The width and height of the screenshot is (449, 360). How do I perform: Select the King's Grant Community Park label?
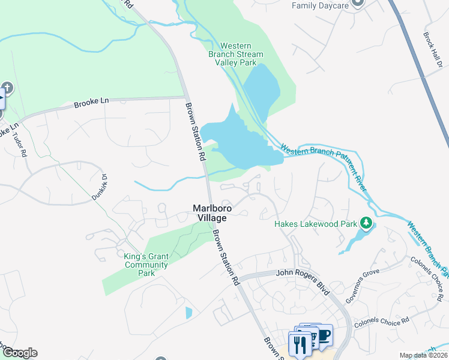[x=146, y=265]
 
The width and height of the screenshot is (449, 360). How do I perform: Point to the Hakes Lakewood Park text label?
[x=316, y=224]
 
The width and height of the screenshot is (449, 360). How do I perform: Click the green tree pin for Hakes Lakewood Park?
[x=365, y=224]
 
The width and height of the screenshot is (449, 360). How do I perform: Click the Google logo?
[x=19, y=353]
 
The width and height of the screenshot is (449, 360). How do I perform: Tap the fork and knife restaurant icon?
[x=300, y=343]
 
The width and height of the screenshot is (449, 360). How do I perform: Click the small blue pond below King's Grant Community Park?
[x=189, y=313]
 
